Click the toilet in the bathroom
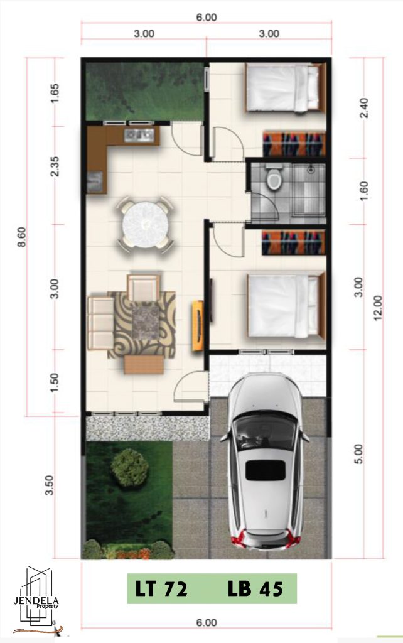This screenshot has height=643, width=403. [274, 177]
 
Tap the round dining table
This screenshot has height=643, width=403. [146, 224]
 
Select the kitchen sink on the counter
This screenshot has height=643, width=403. [139, 134]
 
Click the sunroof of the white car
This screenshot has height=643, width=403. [266, 470]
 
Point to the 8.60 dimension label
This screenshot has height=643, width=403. [22, 237]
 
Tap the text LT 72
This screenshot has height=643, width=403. [161, 589]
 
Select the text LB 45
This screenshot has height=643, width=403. [255, 589]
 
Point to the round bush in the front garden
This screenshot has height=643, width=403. [129, 467]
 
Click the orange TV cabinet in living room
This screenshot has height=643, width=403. [198, 326]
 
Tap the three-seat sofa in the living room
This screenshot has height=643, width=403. [100, 323]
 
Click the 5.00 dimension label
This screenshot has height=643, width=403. [358, 454]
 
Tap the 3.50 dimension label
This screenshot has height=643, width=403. [49, 485]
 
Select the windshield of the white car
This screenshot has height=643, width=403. [266, 432]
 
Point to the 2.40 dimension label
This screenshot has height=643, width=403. [363, 108]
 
